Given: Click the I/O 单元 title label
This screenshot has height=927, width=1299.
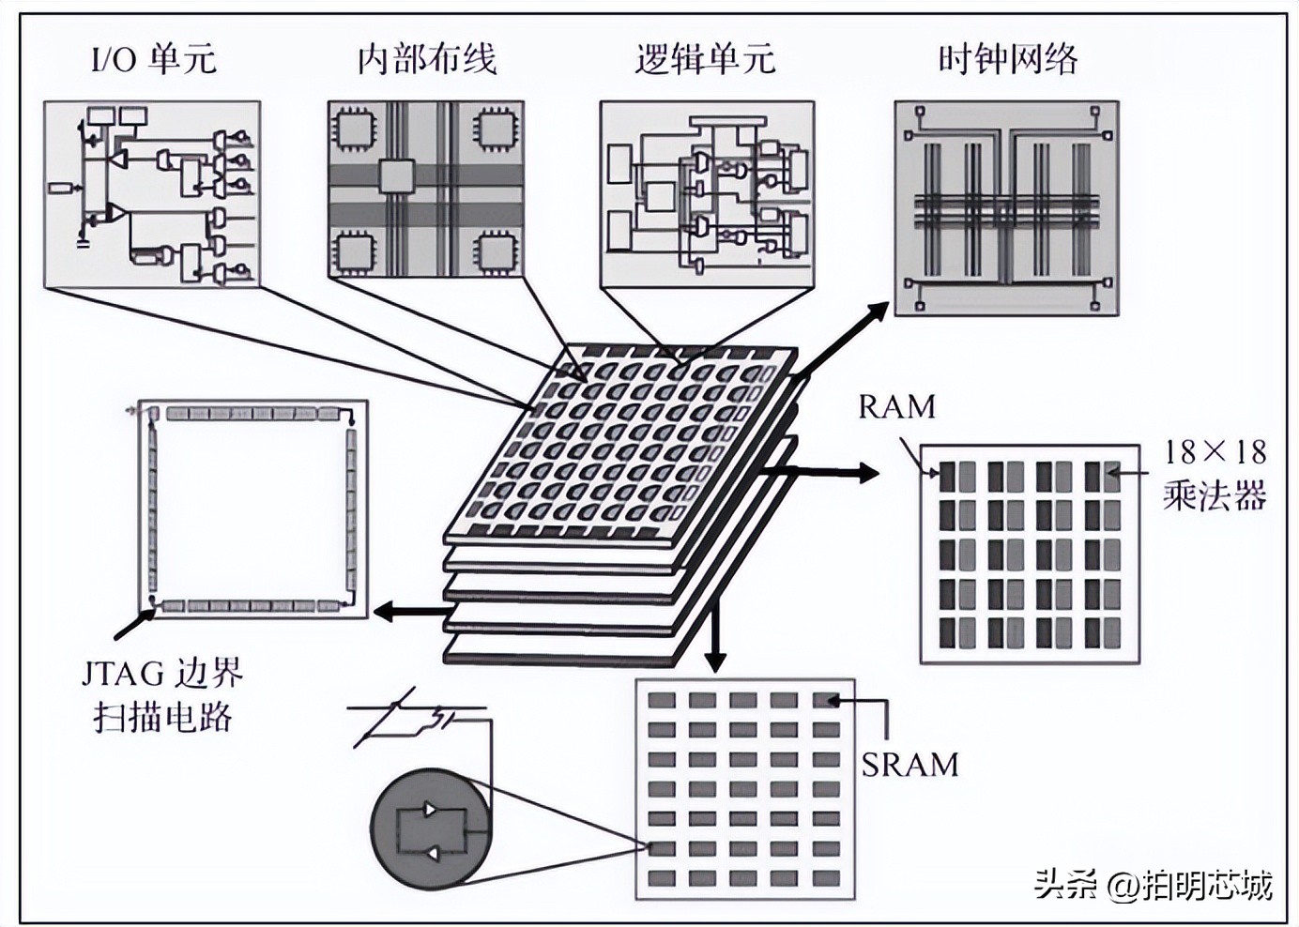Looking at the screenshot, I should (x=153, y=59).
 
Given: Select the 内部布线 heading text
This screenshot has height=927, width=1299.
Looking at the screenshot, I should (x=426, y=59).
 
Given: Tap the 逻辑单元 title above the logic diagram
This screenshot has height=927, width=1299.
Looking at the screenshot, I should (x=705, y=59).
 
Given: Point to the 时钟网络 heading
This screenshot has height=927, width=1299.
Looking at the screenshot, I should (x=1008, y=59).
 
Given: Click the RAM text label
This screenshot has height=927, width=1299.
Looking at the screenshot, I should (x=897, y=407).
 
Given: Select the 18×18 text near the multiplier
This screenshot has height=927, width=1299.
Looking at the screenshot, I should (x=1215, y=452).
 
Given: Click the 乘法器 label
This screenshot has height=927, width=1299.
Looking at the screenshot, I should (x=1215, y=494).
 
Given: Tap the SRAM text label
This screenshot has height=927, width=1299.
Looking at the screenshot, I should (x=909, y=765).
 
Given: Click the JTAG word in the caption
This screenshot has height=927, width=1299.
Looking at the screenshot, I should (x=121, y=674).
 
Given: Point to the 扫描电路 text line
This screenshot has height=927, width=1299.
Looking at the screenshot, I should (x=163, y=718).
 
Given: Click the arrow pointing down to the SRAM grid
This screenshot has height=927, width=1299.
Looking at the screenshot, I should (x=716, y=638).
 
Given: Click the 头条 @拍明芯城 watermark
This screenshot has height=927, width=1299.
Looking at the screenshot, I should (x=1154, y=884).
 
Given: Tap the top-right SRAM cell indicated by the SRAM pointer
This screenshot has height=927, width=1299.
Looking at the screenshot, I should (x=826, y=700).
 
